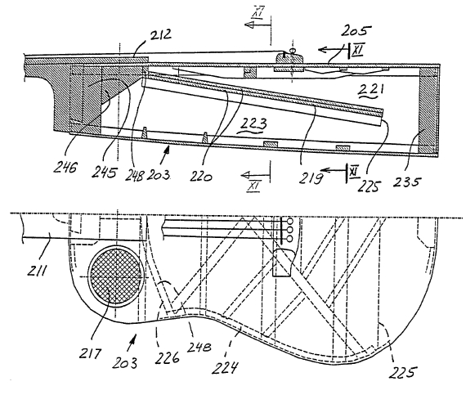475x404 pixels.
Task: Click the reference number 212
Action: click(x=161, y=35)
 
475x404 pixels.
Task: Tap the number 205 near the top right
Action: click(x=356, y=30)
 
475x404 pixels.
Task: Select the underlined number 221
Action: click(x=371, y=90)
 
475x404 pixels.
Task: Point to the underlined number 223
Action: click(x=253, y=125)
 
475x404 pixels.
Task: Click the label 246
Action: click(x=65, y=167)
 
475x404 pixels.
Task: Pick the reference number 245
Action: click(x=104, y=172)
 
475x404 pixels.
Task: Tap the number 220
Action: click(x=201, y=176)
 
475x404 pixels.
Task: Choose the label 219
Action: click(x=310, y=177)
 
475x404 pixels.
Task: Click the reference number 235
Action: click(x=407, y=182)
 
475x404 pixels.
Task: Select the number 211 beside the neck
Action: click(x=38, y=270)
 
